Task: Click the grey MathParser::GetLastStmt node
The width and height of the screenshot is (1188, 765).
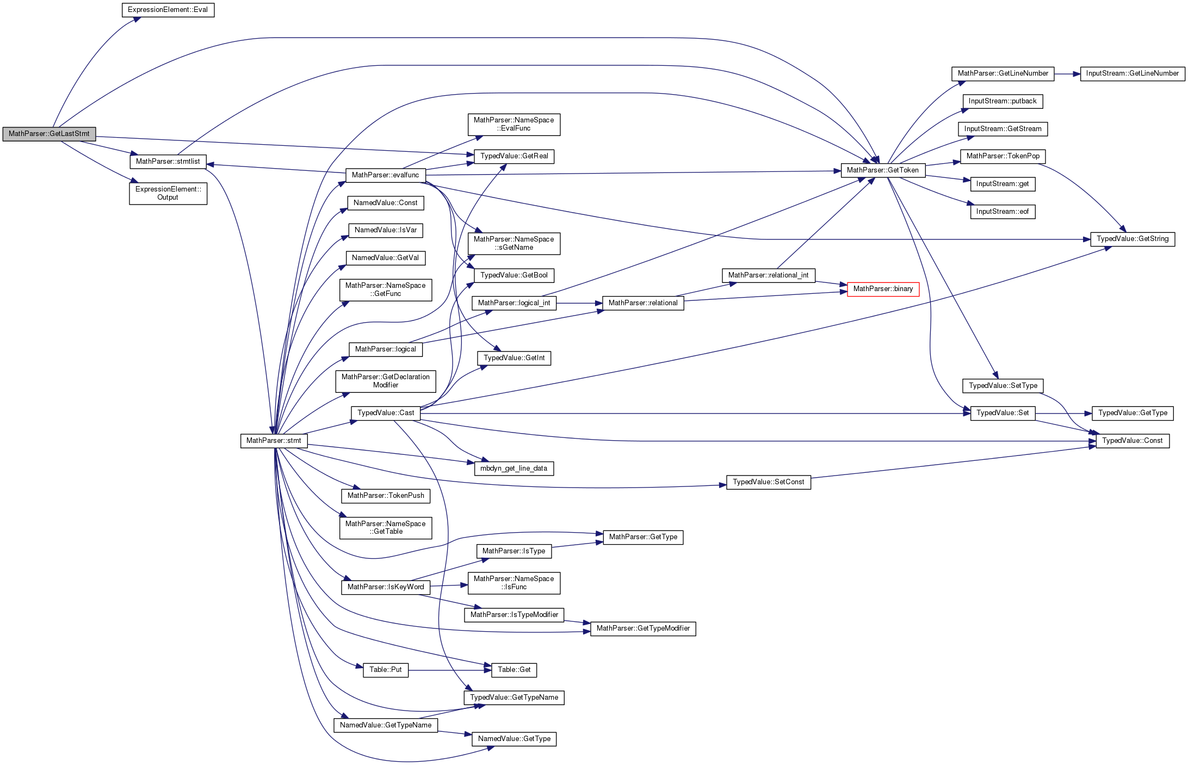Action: pyautogui.click(x=49, y=134)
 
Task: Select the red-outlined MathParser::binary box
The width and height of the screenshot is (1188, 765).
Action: pyautogui.click(x=883, y=289)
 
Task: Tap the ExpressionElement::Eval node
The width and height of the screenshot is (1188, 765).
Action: pyautogui.click(x=168, y=10)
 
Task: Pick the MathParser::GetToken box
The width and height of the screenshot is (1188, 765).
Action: pyautogui.click(x=882, y=170)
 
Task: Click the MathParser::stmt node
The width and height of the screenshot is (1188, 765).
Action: pyautogui.click(x=274, y=441)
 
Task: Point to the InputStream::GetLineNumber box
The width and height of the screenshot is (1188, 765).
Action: pyautogui.click(x=1132, y=73)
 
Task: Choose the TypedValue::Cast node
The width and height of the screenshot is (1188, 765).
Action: pyautogui.click(x=386, y=413)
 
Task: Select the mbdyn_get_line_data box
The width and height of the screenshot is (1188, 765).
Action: pyautogui.click(x=513, y=468)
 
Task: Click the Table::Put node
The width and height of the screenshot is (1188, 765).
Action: pyautogui.click(x=385, y=670)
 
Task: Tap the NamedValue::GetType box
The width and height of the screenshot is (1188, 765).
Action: pyautogui.click(x=514, y=739)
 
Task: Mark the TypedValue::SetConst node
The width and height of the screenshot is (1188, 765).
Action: pyautogui.click(x=768, y=482)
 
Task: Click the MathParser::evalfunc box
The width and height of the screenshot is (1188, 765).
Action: pyautogui.click(x=385, y=175)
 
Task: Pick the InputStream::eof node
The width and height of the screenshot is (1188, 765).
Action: pyautogui.click(x=1002, y=212)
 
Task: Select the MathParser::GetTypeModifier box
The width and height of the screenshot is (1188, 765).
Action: pyautogui.click(x=643, y=628)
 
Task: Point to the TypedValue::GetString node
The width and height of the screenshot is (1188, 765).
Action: pyautogui.click(x=1133, y=239)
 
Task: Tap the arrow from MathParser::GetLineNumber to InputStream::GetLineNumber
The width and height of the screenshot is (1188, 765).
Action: pyautogui.click(x=1067, y=73)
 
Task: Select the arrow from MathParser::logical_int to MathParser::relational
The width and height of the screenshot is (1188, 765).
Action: pyautogui.click(x=579, y=303)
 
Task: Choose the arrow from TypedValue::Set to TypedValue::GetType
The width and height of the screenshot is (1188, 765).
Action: pyautogui.click(x=1063, y=414)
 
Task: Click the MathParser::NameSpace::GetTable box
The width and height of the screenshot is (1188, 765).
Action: pyautogui.click(x=386, y=528)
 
